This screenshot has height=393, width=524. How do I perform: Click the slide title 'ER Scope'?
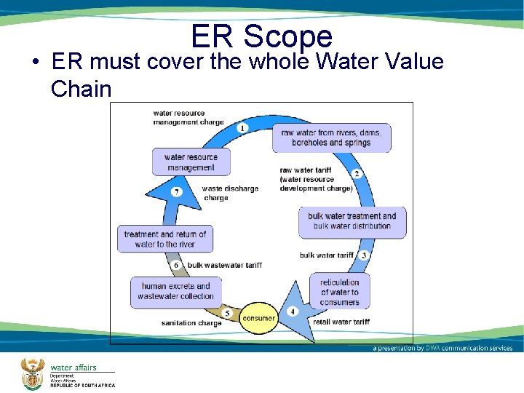261,36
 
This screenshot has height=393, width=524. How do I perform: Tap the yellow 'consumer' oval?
259,318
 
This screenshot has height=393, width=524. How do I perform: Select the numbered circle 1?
242,128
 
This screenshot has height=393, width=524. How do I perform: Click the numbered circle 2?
357,173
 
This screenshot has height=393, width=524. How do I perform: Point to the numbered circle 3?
363,255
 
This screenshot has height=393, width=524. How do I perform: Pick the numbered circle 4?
293,311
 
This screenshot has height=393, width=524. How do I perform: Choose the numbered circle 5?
227,313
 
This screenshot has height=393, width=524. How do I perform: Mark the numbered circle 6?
176,265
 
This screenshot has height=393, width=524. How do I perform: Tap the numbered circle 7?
176,192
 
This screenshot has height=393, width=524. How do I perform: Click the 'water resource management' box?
191,162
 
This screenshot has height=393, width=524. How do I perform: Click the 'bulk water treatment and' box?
352,221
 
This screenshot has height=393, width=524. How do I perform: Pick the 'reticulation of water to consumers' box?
339,292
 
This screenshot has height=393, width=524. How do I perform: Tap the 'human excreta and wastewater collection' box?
175,291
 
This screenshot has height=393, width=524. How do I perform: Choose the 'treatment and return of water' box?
164,239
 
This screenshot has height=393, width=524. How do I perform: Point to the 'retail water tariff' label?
341,322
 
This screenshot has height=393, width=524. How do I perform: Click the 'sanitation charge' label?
191,323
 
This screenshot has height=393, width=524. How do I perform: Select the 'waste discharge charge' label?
230,193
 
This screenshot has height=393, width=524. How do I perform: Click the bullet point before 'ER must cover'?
35,63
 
